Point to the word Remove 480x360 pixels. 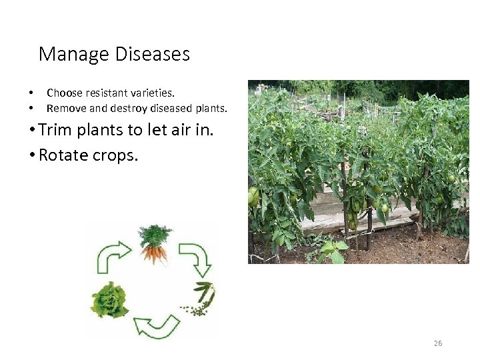[65, 108]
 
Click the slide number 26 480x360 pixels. [438, 343]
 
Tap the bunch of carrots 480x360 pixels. [154, 244]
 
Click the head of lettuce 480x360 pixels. [109, 300]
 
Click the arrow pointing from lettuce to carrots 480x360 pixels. [114, 257]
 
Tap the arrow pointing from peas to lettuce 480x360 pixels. [156, 326]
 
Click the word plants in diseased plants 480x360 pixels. [211, 108]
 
